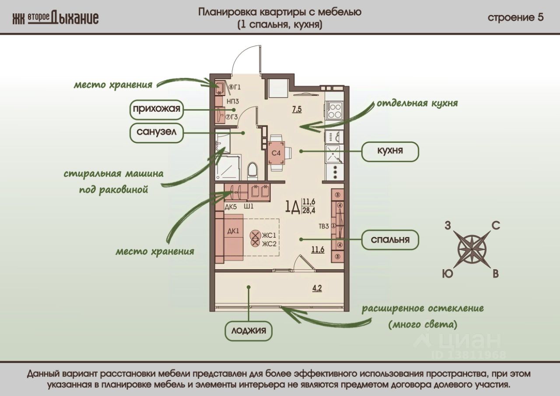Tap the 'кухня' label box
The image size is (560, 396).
(390, 151)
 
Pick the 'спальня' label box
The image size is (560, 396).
(390, 240)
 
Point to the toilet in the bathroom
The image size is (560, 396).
(252, 171)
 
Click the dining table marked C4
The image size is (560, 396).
(276, 153)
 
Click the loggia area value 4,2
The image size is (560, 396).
(317, 288)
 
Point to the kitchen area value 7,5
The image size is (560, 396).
(297, 109)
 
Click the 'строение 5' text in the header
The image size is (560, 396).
(516, 17)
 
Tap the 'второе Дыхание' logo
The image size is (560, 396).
(56, 17)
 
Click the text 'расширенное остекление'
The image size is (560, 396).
(422, 309)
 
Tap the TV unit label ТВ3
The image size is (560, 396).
(324, 226)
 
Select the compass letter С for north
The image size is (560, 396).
(495, 226)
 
